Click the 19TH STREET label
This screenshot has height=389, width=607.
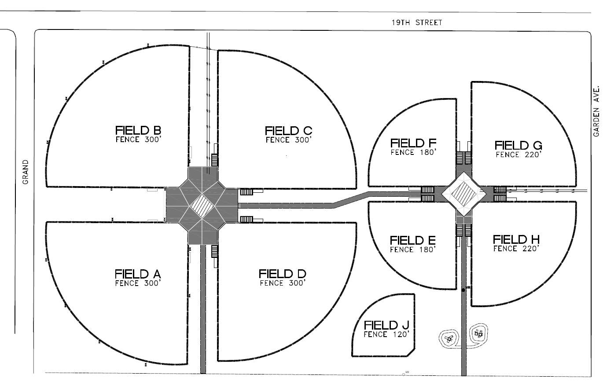coord(417,22)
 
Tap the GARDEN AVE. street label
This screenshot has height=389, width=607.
coord(596,111)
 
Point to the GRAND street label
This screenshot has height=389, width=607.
coord(26,172)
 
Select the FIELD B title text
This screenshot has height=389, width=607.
coord(138,130)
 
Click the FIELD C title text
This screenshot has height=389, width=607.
coord(289,131)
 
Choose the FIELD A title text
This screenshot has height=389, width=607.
coord(138,274)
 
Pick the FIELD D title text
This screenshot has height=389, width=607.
coord(283,274)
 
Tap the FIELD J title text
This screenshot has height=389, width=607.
coord(386,325)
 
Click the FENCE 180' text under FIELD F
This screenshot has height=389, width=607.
coord(413,153)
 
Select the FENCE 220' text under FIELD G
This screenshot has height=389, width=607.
coord(519,155)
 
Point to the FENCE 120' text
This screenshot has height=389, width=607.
coord(386,334)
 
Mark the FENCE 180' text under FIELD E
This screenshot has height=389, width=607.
coord(413,250)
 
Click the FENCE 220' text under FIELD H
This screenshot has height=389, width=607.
coord(516,249)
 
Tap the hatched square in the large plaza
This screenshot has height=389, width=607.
coord(202,206)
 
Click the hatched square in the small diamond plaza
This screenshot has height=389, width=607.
coord(464,194)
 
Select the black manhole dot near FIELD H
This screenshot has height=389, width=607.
coord(463,290)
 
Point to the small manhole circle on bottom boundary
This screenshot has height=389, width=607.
coord(404,374)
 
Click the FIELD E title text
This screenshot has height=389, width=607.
coord(413,240)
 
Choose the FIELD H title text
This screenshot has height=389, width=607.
coord(516,239)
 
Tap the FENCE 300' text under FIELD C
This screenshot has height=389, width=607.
coord(289,140)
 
